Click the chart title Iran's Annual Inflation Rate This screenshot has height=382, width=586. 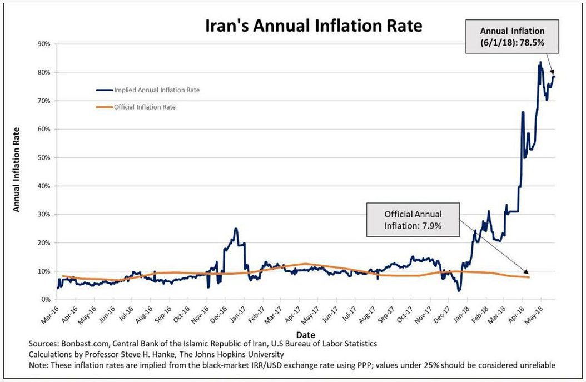314,26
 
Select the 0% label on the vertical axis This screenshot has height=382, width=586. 46,300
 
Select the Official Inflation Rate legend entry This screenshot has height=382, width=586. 145,107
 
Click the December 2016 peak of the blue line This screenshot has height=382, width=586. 236,229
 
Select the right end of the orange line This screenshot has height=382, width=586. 529,277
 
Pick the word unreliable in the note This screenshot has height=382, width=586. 538,365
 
